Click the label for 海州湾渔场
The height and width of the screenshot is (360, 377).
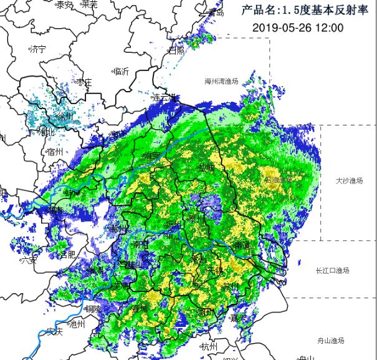click(226, 81)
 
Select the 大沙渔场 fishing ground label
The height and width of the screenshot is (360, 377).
click(348, 181)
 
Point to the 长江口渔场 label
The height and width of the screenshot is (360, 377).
click(332, 270)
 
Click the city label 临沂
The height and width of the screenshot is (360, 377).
click(120, 71)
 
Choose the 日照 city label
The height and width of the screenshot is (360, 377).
click(177, 50)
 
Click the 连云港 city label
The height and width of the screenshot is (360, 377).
click(166, 98)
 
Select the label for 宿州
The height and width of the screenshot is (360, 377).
click(55, 151)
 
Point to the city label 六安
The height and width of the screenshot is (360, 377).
click(28, 260)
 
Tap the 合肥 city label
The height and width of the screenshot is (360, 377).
click(67, 255)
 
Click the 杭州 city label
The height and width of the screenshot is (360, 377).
click(208, 346)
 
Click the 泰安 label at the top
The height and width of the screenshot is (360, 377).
click(64, 4)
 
